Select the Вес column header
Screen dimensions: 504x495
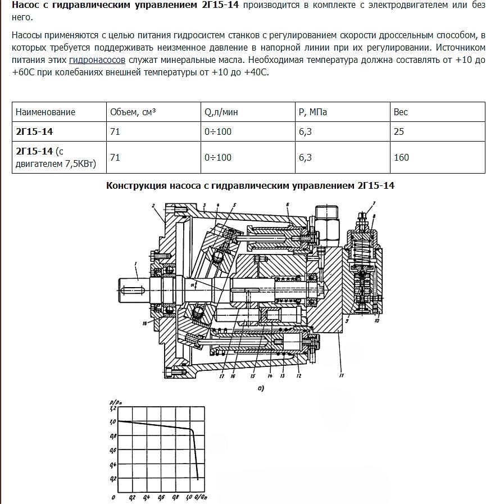(x=401, y=112)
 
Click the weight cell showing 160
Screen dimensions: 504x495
(x=401, y=157)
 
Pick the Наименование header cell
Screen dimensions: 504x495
(x=46, y=112)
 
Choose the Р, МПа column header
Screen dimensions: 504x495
(x=313, y=112)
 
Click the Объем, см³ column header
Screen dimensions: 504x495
(x=133, y=112)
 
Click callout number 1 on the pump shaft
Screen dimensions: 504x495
(x=135, y=264)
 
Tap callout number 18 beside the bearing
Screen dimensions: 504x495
(x=144, y=325)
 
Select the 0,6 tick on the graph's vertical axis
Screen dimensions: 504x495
(x=113, y=450)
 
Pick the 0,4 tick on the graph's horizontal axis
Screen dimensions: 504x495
(x=147, y=498)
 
